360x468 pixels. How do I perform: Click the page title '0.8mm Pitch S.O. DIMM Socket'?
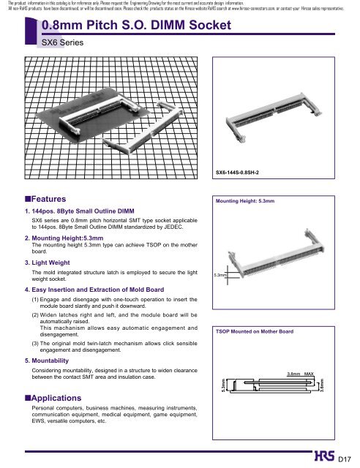[136, 25]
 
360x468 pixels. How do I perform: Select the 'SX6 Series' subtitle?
[62, 42]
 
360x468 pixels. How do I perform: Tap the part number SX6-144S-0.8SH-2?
[237, 173]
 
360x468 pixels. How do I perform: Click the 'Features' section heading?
[45, 199]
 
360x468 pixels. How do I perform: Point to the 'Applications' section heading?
[53, 398]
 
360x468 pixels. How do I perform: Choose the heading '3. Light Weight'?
[48, 263]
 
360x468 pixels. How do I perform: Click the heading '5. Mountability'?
[47, 361]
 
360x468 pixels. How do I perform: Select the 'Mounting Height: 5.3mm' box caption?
[245, 201]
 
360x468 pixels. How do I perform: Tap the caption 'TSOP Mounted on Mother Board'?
[255, 331]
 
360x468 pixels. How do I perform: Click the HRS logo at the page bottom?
[324, 456]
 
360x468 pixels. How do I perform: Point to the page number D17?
[345, 459]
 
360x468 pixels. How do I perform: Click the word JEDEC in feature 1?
[173, 227]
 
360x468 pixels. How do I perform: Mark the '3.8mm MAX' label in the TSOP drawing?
[300, 374]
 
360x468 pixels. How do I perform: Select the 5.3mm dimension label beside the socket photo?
[220, 275]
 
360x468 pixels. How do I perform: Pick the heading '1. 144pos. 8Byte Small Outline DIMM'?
[80, 211]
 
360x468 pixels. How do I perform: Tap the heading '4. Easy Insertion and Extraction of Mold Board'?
[94, 290]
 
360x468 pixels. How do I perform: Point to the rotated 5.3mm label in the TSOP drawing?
[223, 385]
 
